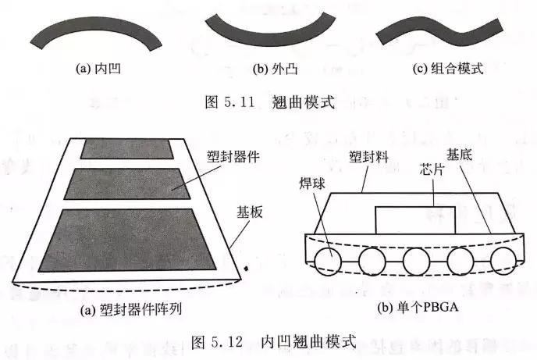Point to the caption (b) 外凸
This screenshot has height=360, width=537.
click(x=272, y=69)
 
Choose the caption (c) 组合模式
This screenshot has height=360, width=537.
click(x=447, y=69)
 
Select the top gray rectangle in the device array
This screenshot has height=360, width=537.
click(x=131, y=149)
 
